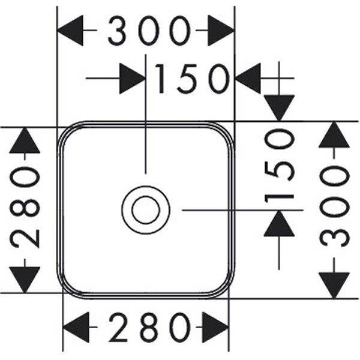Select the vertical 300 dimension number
[x=334, y=207]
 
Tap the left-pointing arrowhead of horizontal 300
[x=70, y=30]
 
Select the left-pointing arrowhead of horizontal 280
[x=76, y=328]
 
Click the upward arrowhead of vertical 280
[x=25, y=141]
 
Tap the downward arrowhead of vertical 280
[x=25, y=280]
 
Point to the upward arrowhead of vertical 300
[x=334, y=134]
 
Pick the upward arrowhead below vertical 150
[x=279, y=224]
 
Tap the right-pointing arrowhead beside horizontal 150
[x=132, y=79]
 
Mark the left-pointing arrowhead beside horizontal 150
[x=248, y=79]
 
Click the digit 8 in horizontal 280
[x=146, y=328]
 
